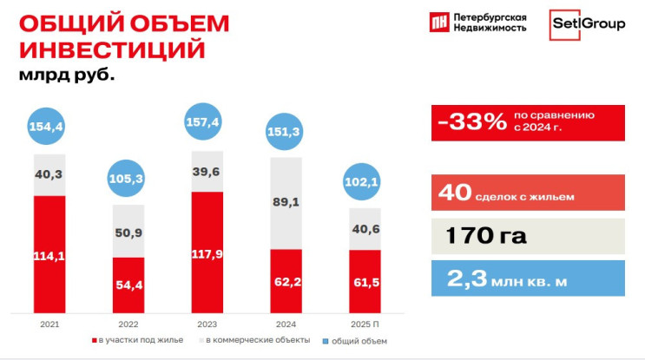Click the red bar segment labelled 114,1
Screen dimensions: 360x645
pos(49,254)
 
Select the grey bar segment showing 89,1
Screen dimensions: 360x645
pos(286,203)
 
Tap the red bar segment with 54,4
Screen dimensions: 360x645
pos(129,285)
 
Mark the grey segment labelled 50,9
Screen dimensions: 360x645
pos(129,232)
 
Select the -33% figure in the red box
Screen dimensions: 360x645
pos(472,122)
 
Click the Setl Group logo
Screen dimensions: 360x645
pos(588,23)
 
